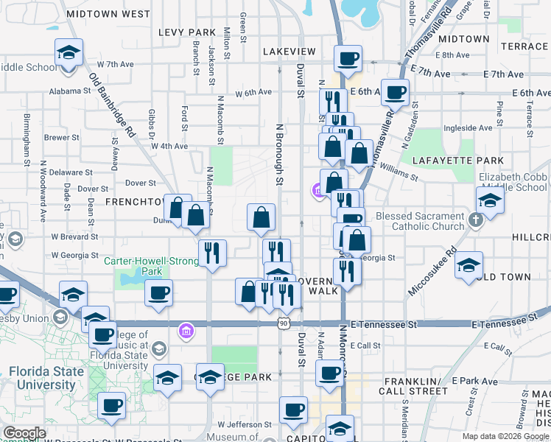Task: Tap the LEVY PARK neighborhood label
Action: tap(187, 32)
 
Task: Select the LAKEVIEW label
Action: tap(289, 52)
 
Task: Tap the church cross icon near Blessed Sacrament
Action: tap(476, 219)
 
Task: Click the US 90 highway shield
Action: tap(284, 323)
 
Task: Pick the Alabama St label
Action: tap(69, 91)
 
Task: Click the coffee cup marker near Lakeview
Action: tap(348, 57)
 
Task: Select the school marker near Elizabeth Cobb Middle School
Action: tap(490, 200)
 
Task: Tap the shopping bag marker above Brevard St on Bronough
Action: tap(261, 217)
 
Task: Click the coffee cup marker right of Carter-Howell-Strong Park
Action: tap(158, 293)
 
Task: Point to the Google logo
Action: tap(24, 433)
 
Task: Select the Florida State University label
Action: tap(46, 378)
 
